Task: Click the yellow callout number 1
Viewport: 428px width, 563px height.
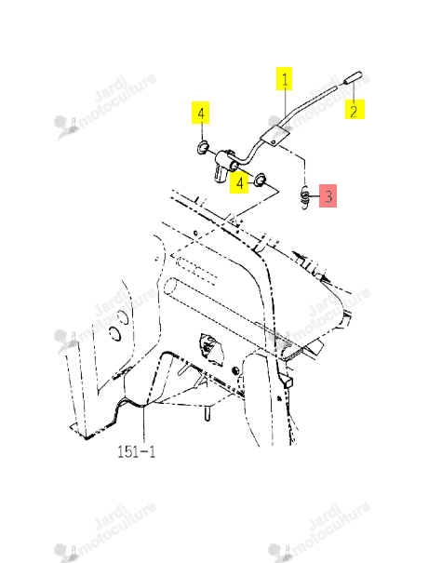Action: (x=284, y=79)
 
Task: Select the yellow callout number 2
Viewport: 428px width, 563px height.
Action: (x=354, y=109)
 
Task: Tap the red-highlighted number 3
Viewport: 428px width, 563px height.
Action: (x=328, y=195)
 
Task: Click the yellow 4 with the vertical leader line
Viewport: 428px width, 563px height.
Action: (x=201, y=113)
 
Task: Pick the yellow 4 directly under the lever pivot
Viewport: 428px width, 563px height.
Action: (x=239, y=182)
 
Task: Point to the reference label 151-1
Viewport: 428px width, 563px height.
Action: (x=137, y=451)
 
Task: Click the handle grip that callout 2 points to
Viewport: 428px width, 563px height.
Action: (x=352, y=77)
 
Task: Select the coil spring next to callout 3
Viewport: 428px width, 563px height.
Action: (x=304, y=196)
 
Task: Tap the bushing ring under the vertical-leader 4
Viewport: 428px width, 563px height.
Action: (x=203, y=147)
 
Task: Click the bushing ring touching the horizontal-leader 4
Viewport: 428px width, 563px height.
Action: (x=260, y=180)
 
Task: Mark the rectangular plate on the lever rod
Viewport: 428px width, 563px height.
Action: (x=274, y=136)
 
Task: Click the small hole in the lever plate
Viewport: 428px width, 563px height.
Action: (x=274, y=142)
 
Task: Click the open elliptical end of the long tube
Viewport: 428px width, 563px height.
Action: (x=170, y=288)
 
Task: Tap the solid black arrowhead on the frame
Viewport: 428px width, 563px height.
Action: (x=326, y=278)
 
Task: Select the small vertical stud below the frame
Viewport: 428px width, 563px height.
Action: (x=207, y=413)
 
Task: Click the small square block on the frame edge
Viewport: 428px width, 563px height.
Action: (x=288, y=382)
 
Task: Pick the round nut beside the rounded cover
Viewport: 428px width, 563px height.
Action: (x=235, y=370)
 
